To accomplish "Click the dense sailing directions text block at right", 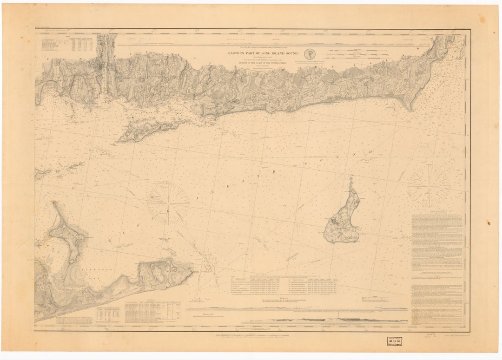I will pos(437,260).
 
